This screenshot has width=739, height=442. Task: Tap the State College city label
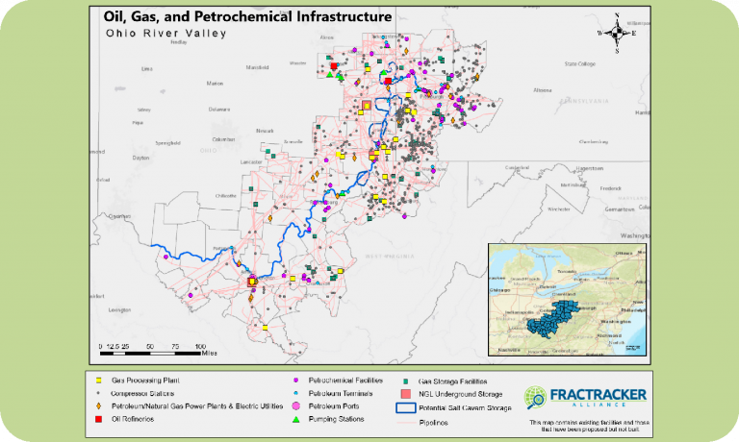click(581, 64)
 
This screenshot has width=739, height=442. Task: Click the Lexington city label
click(119, 310)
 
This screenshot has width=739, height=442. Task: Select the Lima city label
click(146, 69)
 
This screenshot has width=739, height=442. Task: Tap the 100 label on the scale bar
click(200, 345)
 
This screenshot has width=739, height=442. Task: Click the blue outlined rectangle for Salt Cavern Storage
click(404, 407)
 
